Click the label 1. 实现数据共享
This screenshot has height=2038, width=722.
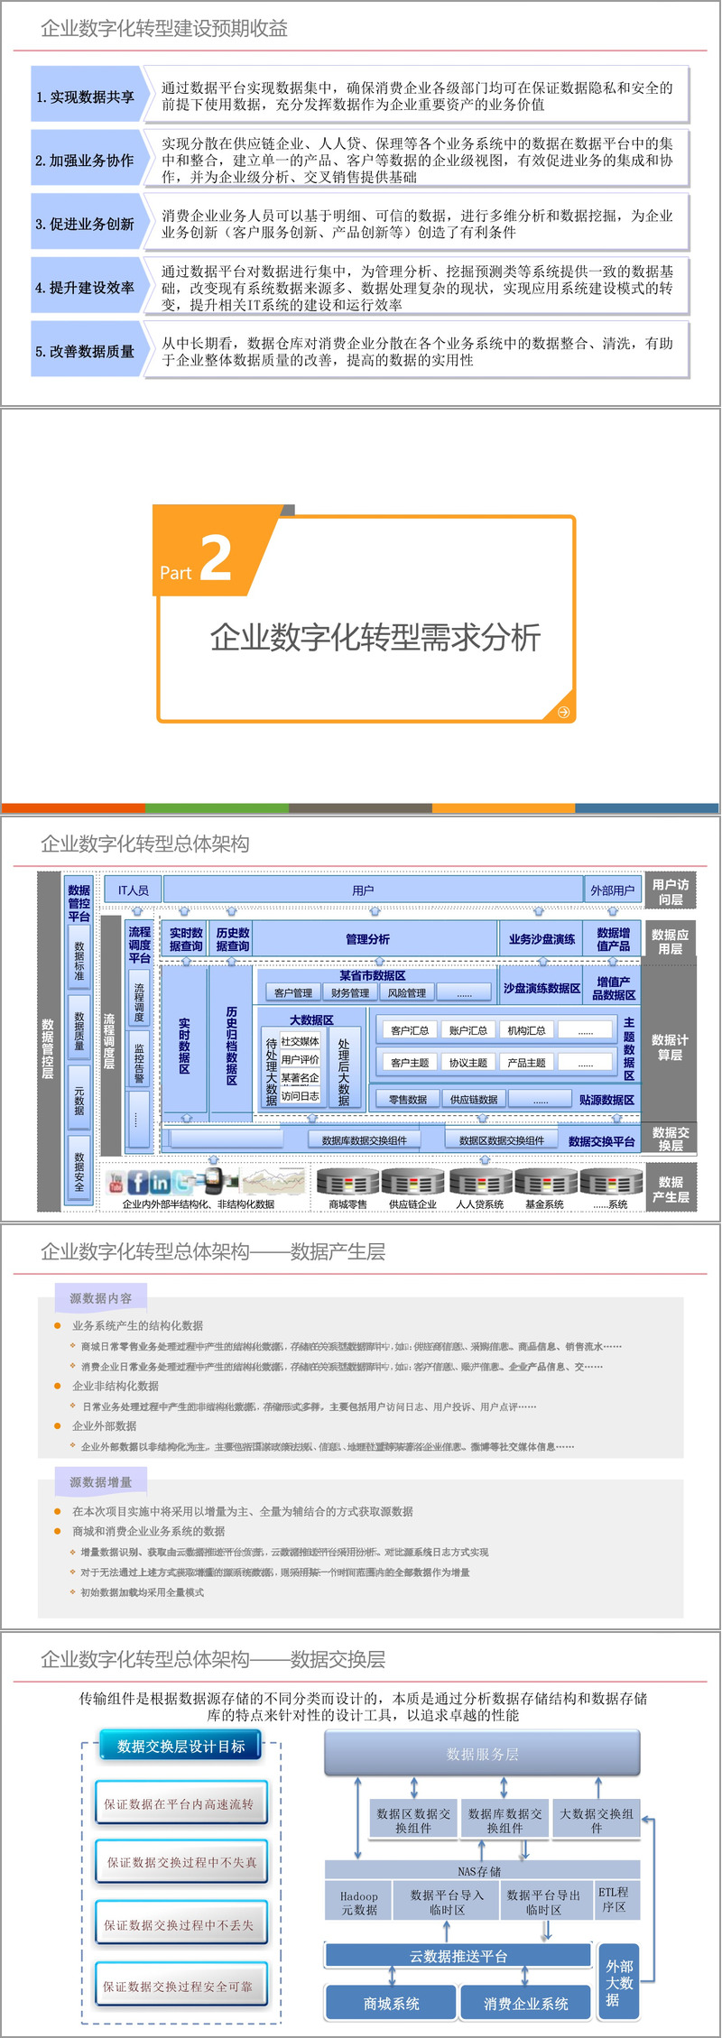(86, 97)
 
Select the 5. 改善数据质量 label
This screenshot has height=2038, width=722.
(86, 351)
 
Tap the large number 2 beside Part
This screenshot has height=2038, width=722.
(216, 558)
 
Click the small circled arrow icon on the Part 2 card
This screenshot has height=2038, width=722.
(563, 712)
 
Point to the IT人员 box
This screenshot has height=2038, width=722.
(133, 890)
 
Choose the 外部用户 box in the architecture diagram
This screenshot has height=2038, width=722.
(612, 890)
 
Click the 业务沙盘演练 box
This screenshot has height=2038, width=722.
(541, 938)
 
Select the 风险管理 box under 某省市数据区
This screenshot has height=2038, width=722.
(407, 992)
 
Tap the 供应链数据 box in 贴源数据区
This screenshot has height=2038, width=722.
(474, 1099)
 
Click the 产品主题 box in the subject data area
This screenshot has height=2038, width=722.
(526, 1062)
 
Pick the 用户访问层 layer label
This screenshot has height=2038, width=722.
(670, 891)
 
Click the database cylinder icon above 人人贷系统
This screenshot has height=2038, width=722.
(480, 1181)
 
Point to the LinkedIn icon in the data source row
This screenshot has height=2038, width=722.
(161, 1181)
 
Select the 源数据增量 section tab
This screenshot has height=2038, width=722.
(101, 1481)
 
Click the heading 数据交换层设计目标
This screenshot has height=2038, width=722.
(180, 1746)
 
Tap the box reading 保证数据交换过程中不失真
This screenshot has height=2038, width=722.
(182, 1862)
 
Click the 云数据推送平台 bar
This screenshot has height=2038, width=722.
(458, 1956)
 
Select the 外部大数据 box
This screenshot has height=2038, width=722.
(619, 1983)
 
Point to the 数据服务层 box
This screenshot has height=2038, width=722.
(482, 1754)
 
